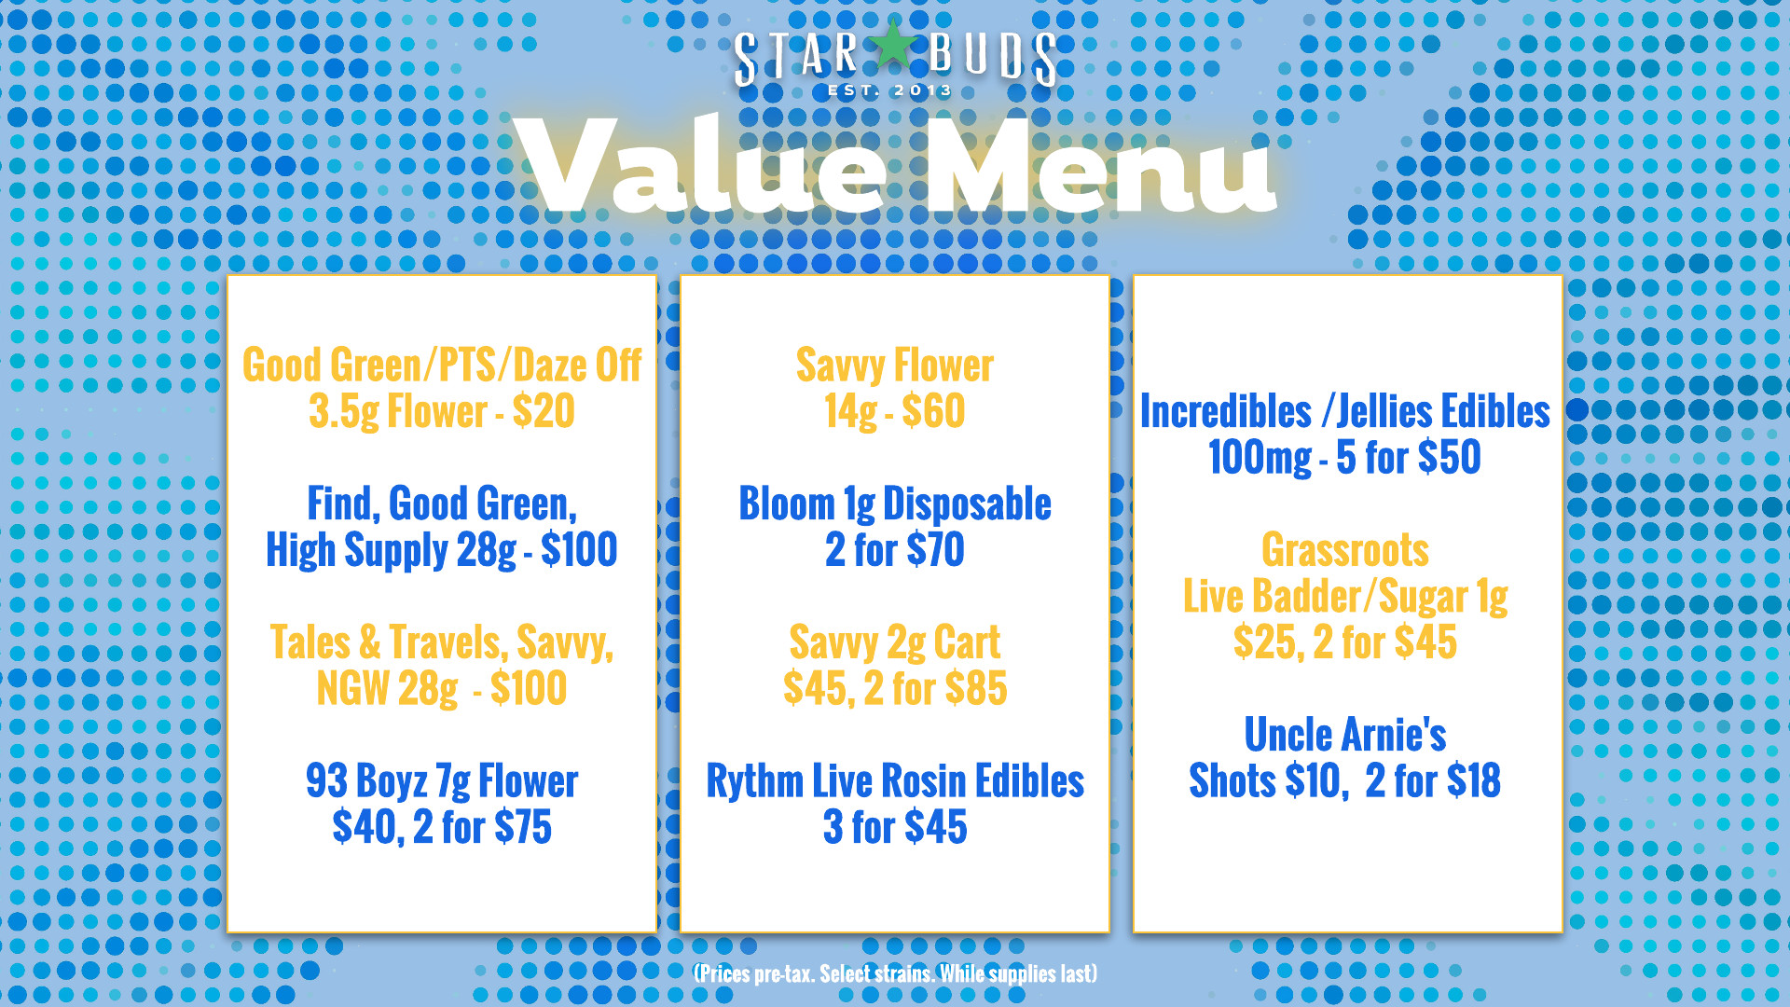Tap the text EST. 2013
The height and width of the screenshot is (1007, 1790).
tap(890, 90)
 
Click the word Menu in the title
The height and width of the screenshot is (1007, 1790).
tap(1100, 166)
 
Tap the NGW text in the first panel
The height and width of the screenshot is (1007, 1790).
tap(352, 689)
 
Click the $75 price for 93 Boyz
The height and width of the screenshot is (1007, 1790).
tap(523, 827)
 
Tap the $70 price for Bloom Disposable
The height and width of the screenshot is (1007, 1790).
tap(934, 549)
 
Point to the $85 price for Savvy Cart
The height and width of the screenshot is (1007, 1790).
tap(976, 689)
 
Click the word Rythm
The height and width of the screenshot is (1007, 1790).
tap(754, 780)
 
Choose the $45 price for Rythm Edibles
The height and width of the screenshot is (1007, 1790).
tap(936, 827)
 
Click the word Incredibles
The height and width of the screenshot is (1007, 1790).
tap(1225, 411)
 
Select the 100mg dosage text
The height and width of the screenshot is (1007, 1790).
tap(1260, 458)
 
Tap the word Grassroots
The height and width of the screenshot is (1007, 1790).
tap(1345, 550)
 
